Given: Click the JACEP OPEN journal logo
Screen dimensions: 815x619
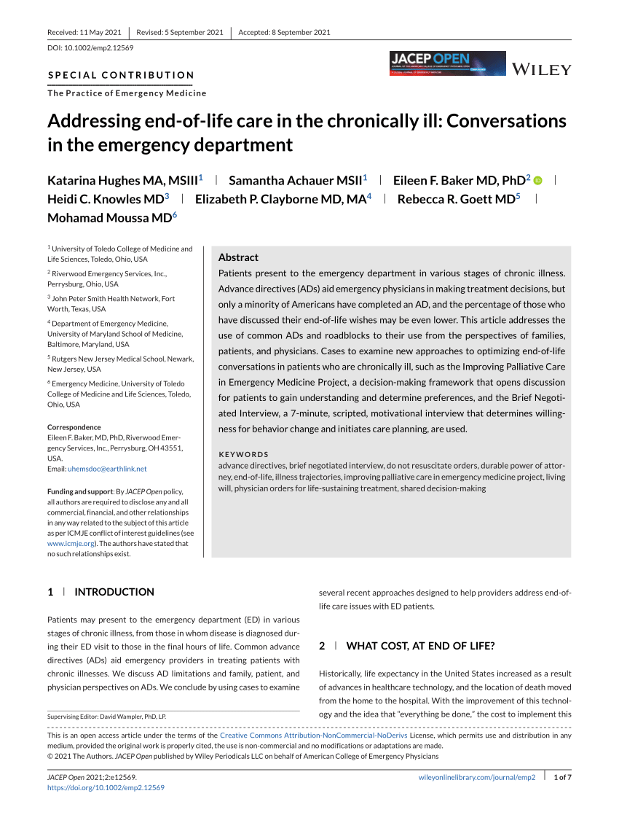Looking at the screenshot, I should click(447, 63).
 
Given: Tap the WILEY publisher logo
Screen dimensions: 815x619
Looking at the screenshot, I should click(543, 70).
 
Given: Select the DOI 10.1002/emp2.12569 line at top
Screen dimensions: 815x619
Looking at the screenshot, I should click(90, 48).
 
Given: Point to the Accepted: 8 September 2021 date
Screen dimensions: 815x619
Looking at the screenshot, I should click(285, 32).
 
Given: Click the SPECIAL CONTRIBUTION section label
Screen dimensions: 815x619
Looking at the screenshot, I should click(121, 75).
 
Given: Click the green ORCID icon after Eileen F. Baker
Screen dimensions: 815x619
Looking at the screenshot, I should click(538, 181).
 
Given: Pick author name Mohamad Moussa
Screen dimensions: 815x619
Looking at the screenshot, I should click(109, 217).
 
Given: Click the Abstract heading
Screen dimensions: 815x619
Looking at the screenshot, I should click(238, 257).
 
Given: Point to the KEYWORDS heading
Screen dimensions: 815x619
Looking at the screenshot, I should click(244, 454).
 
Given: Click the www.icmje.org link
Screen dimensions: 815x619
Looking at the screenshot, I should click(71, 543).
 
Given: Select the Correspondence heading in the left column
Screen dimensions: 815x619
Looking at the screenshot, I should click(74, 427).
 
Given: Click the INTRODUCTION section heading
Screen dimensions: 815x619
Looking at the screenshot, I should click(114, 592).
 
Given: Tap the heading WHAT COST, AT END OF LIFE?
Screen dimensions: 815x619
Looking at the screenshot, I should click(420, 645).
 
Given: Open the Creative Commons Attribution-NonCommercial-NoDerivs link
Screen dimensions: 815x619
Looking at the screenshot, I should click(313, 736).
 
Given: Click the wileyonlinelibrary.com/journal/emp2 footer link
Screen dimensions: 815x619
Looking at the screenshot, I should click(477, 778).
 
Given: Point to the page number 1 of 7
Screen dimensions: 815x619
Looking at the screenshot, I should click(563, 778).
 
